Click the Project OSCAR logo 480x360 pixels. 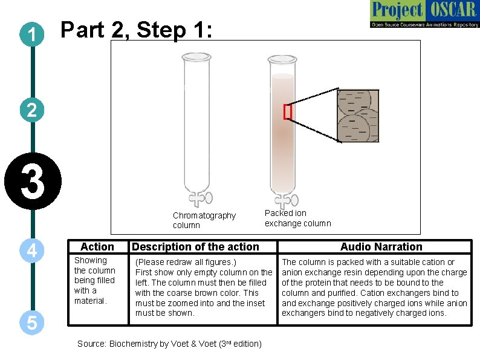424,15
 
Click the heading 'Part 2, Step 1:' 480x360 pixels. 137,30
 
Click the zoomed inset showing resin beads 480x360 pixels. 357,116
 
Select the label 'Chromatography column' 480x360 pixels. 204,220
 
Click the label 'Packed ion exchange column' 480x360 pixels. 297,218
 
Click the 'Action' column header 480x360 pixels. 97,247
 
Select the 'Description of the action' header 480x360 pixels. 195,247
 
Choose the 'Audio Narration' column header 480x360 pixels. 381,247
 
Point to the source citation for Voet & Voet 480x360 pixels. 169,344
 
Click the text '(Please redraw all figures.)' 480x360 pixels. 186,262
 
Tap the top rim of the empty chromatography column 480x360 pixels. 197,56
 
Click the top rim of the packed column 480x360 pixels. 282,59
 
